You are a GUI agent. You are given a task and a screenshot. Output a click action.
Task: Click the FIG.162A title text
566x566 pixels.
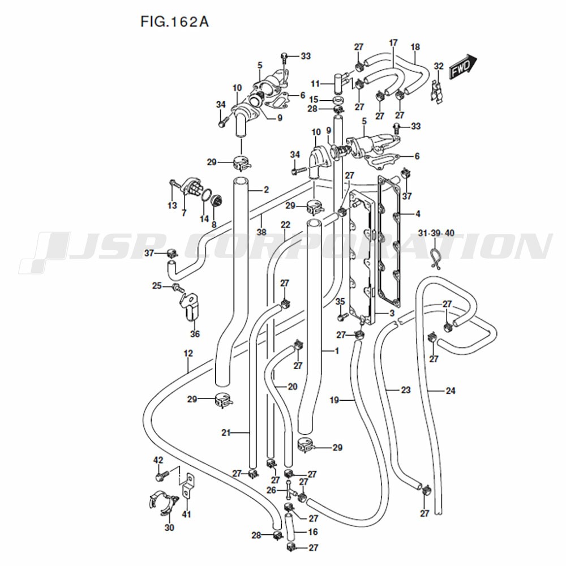coord(174,22)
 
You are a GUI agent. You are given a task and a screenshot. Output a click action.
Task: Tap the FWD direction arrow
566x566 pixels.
coord(463,67)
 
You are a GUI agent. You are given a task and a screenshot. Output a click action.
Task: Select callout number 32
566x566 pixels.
coord(439,66)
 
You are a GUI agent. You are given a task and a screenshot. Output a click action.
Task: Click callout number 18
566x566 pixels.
coord(415,47)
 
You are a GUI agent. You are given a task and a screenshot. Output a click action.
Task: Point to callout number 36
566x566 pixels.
coord(195,334)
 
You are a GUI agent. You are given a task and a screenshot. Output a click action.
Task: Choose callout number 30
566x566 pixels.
coord(169,528)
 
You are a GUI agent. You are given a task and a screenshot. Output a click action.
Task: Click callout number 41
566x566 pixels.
coord(186,514)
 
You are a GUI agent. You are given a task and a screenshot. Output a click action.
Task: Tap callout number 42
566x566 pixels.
coord(158,460)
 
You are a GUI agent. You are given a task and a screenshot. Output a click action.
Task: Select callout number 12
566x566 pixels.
coord(188,353)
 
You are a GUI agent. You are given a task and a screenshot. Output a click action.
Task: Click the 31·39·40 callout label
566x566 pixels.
coord(436,233)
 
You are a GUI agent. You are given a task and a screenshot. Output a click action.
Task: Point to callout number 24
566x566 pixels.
coord(451,390)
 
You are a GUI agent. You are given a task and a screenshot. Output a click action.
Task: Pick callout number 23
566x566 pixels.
coord(406,390)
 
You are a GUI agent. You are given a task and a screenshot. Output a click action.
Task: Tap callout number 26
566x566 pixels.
coord(271,490)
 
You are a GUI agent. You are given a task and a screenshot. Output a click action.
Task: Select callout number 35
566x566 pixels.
coord(340,302)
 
